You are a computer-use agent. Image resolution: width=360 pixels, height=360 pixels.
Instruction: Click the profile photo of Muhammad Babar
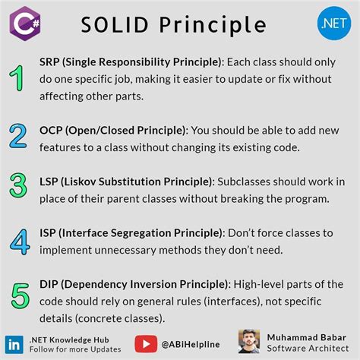tap(249, 341)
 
